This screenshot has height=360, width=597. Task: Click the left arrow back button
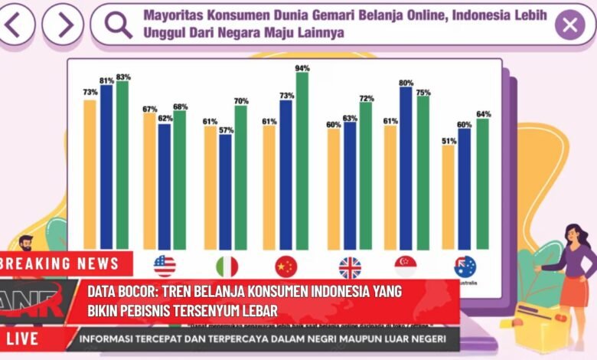coord(18,25)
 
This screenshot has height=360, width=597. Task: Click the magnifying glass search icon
coord(119,25)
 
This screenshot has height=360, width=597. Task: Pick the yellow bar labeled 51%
coord(448,196)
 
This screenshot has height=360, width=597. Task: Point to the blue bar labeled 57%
coord(225,191)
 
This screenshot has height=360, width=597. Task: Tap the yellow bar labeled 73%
coord(90,173)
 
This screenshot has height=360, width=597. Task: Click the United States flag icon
coord(165,267)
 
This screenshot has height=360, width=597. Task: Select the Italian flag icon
coord(227,267)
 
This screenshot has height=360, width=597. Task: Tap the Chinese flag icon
coord(286,267)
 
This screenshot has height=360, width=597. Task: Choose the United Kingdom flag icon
coord(350,267)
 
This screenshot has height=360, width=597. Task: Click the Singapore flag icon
coord(406,267)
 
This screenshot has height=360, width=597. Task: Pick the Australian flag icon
coord(465,267)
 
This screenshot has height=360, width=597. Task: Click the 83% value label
coord(123,77)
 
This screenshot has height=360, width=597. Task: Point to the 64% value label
coord(483,114)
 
